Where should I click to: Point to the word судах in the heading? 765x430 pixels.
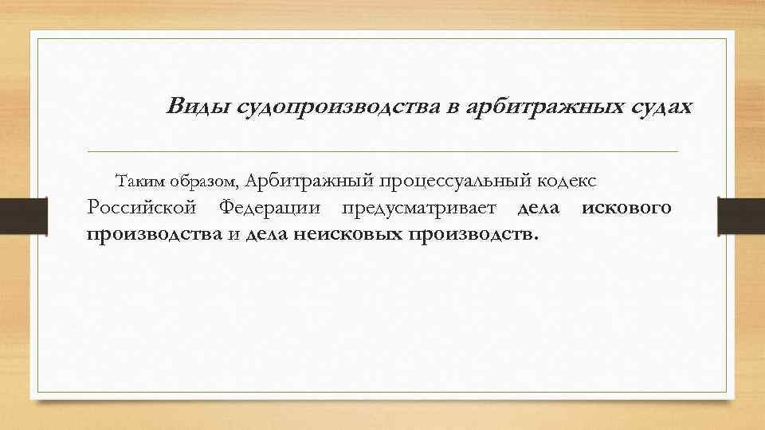point(653,107)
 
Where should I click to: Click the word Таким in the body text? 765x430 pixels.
point(139,181)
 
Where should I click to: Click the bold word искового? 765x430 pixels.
point(626,208)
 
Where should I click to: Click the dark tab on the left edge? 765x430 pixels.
point(22,216)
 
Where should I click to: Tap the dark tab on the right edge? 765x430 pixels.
point(741,216)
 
